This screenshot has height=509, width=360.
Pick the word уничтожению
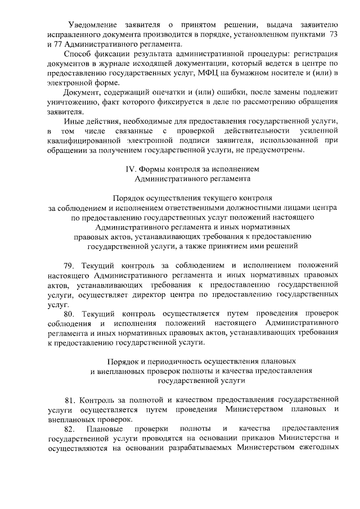pyautogui.click(x=74, y=102)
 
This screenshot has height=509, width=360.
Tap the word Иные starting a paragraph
pyautogui.click(x=73, y=121)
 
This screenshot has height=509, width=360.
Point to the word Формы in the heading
pyautogui.click(x=153, y=169)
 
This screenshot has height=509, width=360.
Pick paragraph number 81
pyautogui.click(x=70, y=400)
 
